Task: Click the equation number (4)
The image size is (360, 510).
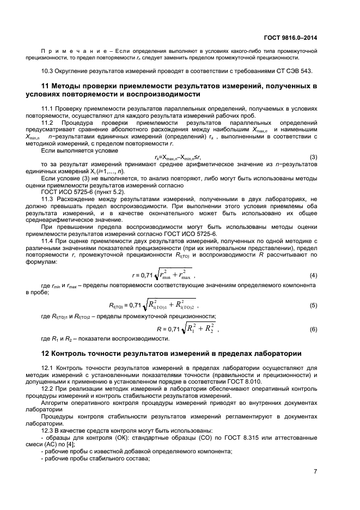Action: click(313, 275)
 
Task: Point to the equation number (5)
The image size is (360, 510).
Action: click(313, 306)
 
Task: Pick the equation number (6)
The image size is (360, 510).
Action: click(313, 329)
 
